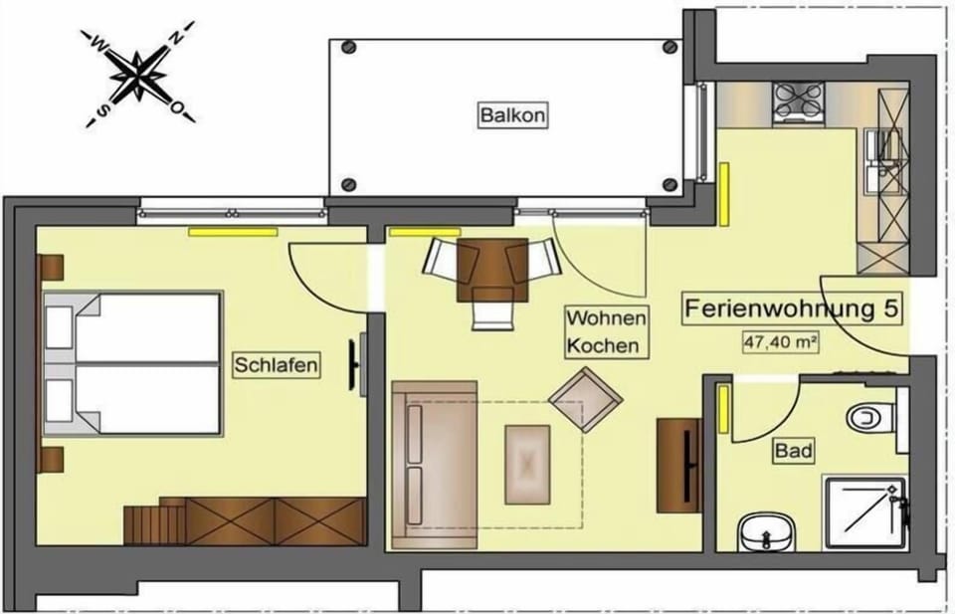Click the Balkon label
tap(512, 114)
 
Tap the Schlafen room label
tap(276, 365)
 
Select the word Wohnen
tap(606, 318)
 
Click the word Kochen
tap(603, 345)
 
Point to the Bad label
tap(794, 451)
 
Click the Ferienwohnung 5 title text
tap(791, 308)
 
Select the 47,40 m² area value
tap(780, 342)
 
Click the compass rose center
tap(139, 76)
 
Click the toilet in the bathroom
tap(870, 418)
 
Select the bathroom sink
tap(767, 532)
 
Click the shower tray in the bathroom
tap(864, 512)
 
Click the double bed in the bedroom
tap(132, 363)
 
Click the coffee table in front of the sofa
tap(527, 465)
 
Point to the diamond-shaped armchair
tap(586, 400)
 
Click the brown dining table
tap(492, 270)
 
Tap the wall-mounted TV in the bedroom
tap(355, 364)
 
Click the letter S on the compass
tap(104, 109)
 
